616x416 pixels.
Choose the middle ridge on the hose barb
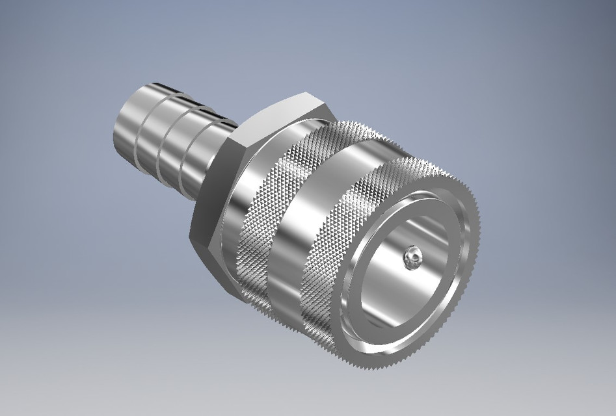[x=167, y=143]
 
